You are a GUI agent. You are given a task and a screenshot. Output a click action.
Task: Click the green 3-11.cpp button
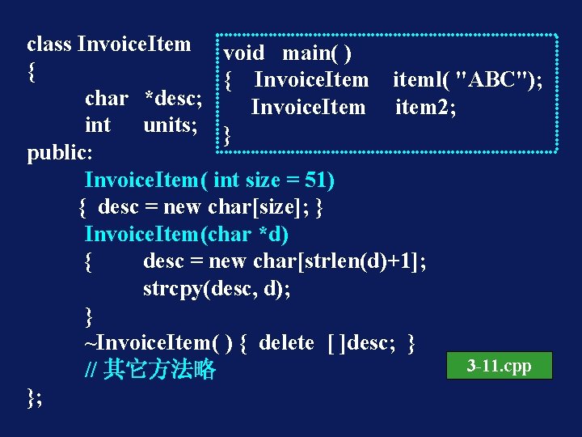(x=499, y=366)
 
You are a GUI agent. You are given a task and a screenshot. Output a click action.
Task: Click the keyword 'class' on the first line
(x=49, y=44)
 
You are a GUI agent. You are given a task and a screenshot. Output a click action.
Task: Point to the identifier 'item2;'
(x=425, y=107)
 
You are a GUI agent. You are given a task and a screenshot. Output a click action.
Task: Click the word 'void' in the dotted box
(x=243, y=53)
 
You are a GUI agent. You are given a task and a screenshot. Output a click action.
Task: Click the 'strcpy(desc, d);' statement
(x=217, y=289)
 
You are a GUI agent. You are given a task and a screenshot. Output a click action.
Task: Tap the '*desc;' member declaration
(x=173, y=99)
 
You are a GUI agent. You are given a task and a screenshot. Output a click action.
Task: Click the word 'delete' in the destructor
(x=286, y=343)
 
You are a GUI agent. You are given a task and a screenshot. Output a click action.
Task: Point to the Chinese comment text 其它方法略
(x=160, y=370)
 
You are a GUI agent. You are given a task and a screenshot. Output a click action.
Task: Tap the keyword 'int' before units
(x=98, y=125)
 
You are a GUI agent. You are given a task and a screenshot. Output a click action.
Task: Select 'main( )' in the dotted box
(x=316, y=53)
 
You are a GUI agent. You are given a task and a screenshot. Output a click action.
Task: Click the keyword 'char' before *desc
(x=107, y=99)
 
